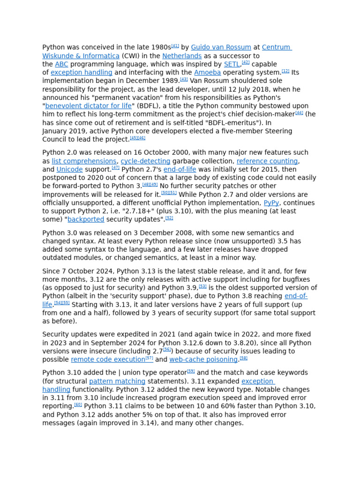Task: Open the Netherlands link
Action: point(182,56)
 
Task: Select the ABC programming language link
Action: point(61,64)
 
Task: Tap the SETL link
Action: point(232,64)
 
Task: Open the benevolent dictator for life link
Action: point(89,106)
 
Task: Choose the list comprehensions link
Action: point(84,161)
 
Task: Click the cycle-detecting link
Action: point(145,161)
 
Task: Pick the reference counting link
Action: point(267,161)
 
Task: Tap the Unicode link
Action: point(69,170)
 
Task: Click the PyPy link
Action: point(271,203)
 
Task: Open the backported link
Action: point(86,219)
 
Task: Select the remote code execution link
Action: point(108,360)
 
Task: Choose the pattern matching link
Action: point(117,382)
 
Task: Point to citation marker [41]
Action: point(175,46)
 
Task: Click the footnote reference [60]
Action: point(78,405)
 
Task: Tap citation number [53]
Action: point(202,286)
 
